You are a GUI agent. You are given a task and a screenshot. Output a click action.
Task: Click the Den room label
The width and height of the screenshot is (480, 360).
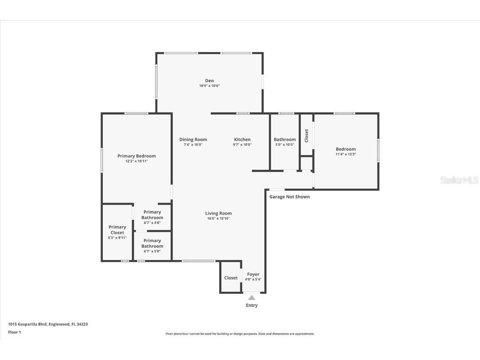click(x=209, y=80)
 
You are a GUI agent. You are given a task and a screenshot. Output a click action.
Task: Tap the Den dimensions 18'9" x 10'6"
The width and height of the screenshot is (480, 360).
click(x=209, y=86)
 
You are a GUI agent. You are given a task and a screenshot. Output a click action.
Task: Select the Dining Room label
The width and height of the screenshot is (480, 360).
click(x=193, y=140)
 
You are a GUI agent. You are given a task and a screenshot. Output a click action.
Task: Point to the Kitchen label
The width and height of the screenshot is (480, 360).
click(x=242, y=140)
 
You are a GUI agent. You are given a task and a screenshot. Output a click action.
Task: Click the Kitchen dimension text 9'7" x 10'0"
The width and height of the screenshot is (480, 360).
click(x=242, y=145)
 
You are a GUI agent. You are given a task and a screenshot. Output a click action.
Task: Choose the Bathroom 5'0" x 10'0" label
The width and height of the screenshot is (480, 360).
click(x=285, y=140)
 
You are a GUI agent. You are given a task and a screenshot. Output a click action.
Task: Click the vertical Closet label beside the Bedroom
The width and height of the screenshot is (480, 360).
click(x=307, y=135)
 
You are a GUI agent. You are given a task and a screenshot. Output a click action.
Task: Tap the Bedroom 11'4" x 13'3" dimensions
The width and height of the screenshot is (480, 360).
click(x=346, y=154)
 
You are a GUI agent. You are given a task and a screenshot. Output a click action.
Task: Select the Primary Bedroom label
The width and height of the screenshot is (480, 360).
click(x=137, y=156)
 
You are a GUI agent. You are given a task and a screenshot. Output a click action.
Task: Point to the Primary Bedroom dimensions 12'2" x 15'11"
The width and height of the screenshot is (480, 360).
click(x=137, y=161)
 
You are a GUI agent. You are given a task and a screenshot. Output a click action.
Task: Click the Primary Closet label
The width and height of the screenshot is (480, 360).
click(x=117, y=230)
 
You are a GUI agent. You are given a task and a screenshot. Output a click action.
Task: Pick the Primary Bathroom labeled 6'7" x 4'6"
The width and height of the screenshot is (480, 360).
click(x=152, y=217)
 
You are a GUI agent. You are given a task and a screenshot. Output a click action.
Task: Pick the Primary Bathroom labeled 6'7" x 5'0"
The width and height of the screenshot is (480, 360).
click(x=152, y=246)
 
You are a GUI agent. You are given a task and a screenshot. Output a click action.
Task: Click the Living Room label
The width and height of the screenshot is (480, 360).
click(x=218, y=213)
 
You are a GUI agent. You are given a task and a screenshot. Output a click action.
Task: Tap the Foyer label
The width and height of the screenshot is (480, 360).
click(x=253, y=274)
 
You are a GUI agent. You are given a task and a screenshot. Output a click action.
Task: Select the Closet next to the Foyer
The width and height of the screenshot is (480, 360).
click(x=231, y=278)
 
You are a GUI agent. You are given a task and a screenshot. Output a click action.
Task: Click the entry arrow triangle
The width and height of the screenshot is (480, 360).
click(x=252, y=297)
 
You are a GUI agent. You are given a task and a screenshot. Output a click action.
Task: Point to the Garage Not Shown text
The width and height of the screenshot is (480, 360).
click(x=290, y=197)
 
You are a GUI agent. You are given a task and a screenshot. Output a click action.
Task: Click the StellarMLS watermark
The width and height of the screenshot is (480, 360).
click(x=459, y=180)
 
